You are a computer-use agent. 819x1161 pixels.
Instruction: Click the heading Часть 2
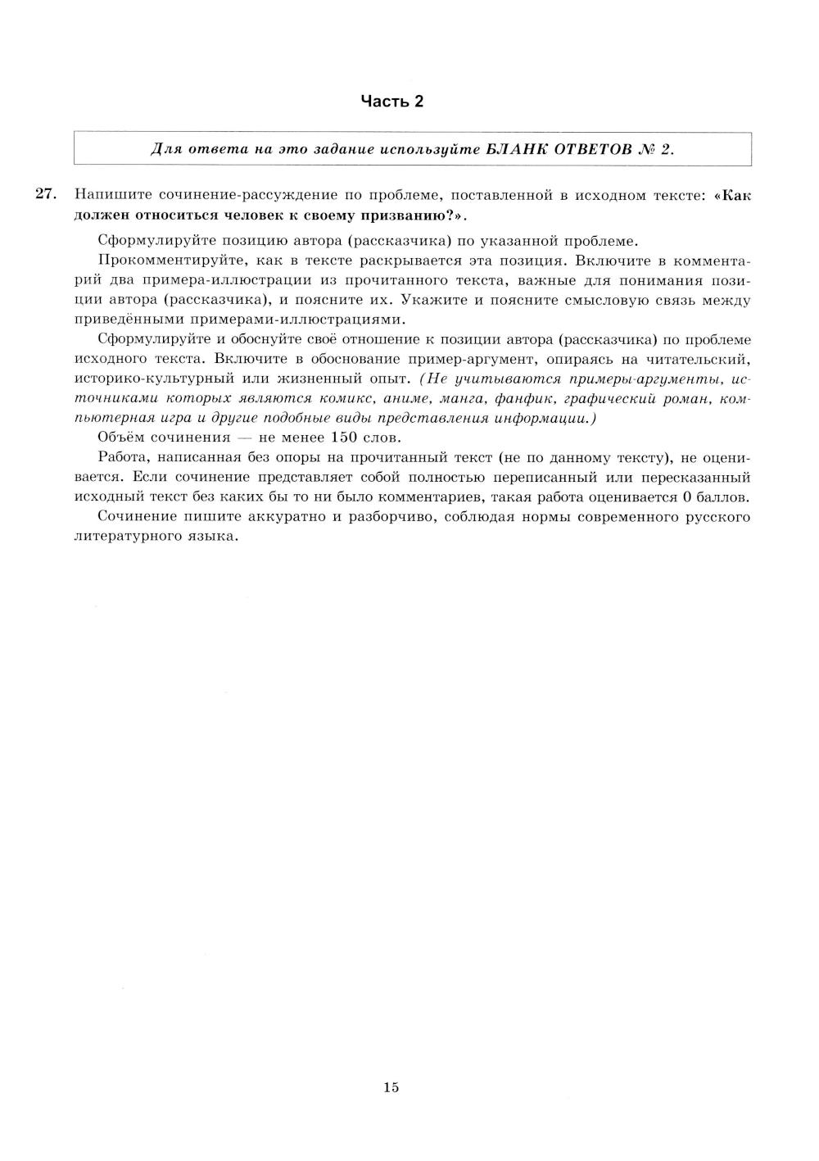tap(392, 102)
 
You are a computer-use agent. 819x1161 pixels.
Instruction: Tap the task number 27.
tap(45, 195)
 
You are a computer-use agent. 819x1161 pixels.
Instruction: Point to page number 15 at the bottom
tap(391, 1087)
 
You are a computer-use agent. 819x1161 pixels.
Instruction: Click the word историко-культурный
tap(148, 379)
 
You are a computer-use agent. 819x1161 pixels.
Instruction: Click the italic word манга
tap(462, 399)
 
